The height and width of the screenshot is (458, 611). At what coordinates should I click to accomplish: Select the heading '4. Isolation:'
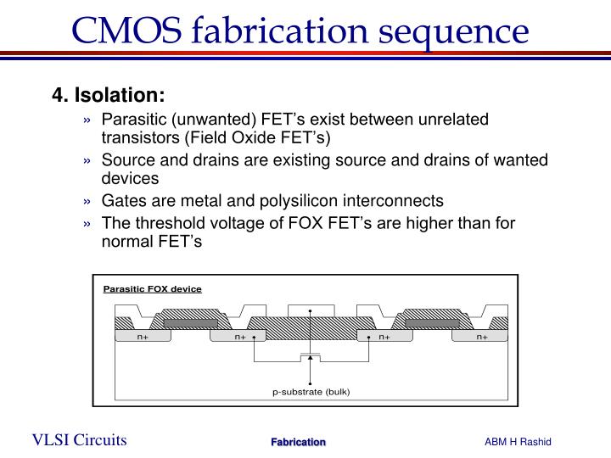108,94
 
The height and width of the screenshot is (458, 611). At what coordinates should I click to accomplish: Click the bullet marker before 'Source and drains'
88,160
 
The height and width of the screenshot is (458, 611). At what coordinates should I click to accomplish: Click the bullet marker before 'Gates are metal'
88,202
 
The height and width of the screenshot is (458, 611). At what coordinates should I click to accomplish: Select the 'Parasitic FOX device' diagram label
153,289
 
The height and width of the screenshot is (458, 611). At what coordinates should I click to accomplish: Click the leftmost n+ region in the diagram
143,337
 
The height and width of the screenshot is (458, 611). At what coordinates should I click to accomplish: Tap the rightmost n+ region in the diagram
481,337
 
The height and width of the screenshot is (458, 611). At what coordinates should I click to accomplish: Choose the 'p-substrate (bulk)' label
311,391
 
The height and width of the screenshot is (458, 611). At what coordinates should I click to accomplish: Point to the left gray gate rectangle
190,322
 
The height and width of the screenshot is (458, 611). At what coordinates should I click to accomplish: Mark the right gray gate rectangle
432,322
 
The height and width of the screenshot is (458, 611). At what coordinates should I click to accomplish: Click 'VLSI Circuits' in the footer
80,439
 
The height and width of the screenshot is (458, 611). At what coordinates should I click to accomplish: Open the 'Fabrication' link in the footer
298,442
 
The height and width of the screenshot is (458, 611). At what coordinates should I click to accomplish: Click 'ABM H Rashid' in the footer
519,441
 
